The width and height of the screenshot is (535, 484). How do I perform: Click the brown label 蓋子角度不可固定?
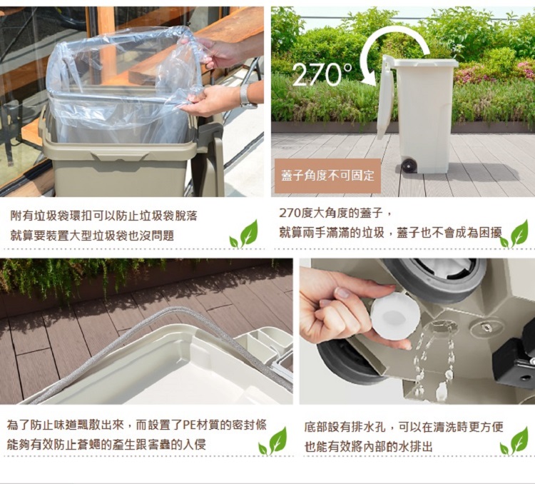[x=327, y=176]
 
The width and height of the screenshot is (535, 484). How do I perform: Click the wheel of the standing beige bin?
[x=409, y=166]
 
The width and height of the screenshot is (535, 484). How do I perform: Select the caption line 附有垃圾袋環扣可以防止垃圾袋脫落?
[x=103, y=216]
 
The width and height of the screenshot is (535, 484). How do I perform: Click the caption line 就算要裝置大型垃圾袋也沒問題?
[x=92, y=235]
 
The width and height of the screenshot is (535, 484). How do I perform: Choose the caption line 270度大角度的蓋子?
[x=335, y=213]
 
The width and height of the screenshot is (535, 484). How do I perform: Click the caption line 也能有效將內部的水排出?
[x=369, y=446]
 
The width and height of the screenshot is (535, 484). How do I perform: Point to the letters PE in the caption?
[x=189, y=425]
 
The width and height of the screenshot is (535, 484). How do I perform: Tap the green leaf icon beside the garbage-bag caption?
[x=244, y=234]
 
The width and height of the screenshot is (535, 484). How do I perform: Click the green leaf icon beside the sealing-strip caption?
[x=272, y=441]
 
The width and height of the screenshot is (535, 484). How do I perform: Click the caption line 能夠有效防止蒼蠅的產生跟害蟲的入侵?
[x=106, y=445]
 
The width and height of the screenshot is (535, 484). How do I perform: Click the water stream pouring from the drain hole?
[x=434, y=362]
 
